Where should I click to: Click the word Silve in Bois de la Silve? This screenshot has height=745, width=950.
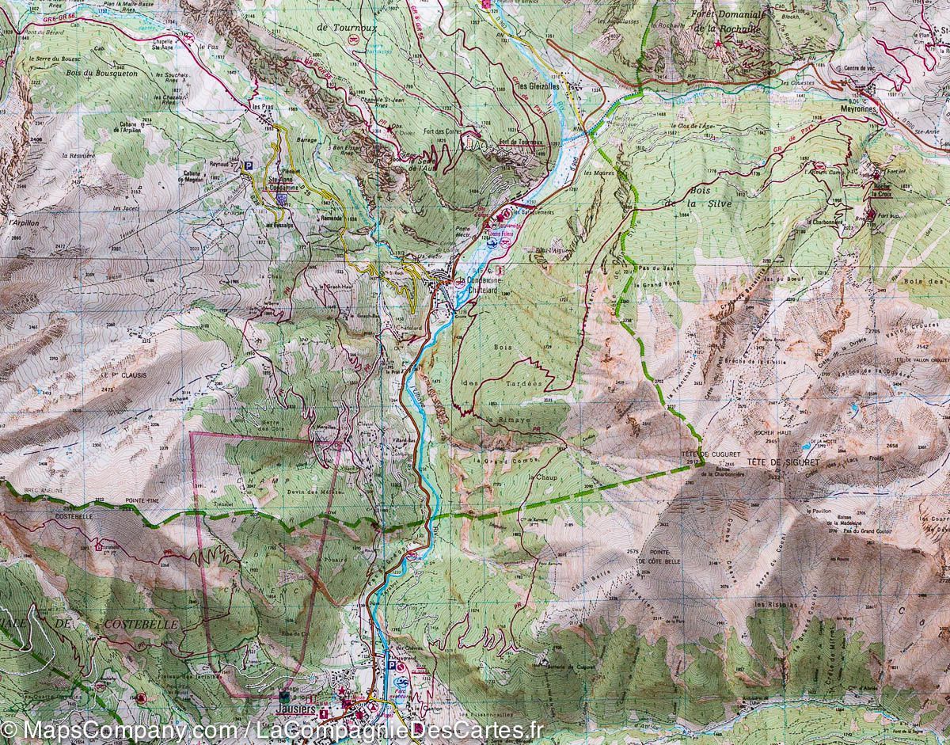click(702, 204)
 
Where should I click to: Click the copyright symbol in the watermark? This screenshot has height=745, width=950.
click(11, 728)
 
